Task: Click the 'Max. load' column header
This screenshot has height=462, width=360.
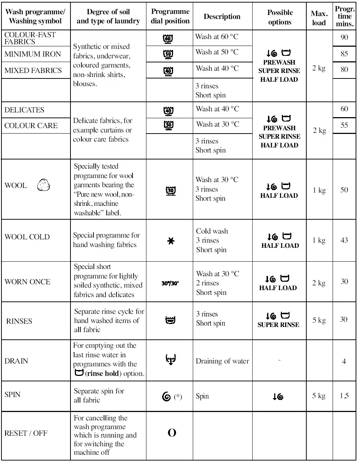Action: coord(319,18)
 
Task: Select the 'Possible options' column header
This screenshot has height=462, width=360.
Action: coord(280,17)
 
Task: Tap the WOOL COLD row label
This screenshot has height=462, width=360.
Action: coord(27,237)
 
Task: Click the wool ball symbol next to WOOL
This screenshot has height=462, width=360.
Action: coord(43,185)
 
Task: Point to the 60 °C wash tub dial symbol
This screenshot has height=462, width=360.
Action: coord(168,38)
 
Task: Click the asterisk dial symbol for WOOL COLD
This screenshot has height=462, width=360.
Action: coord(171,240)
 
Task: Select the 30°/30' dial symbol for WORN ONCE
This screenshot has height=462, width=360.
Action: coord(170,283)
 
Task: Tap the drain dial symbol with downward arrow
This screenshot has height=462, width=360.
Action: coord(170,360)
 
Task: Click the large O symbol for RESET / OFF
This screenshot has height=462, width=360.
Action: coord(172,433)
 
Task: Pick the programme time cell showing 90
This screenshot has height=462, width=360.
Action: coord(344,38)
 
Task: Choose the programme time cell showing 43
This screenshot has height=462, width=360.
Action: coord(344,240)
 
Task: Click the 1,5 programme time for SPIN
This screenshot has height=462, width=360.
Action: coord(344,396)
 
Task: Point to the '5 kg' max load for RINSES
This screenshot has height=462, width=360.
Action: coord(319,320)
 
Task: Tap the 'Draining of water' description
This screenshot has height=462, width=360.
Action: coord(222,361)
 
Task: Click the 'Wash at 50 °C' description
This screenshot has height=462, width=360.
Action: coord(217,52)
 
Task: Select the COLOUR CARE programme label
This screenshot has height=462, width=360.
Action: coord(31,126)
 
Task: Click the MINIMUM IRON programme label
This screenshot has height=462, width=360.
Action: coord(32,54)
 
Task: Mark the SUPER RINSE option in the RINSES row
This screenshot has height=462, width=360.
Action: coord(278,324)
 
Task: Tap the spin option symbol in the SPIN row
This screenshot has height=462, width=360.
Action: coord(278,396)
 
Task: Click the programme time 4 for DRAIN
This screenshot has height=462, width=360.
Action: coord(344,361)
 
